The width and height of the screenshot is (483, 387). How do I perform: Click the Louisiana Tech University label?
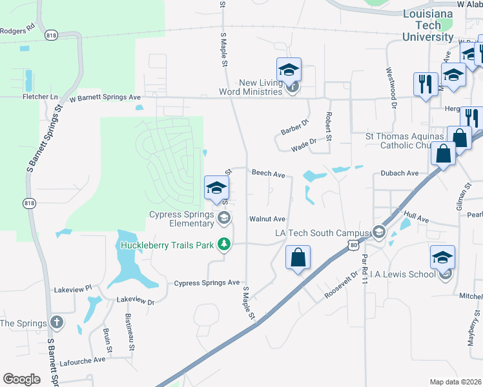tap(427, 25)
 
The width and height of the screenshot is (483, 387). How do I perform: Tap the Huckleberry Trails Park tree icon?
tap(223, 244)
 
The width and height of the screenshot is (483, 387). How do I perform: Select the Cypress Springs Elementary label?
tap(181, 219)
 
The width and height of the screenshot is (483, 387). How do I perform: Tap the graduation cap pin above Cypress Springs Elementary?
tap(216, 188)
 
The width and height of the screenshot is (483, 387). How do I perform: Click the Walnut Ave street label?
tap(267, 219)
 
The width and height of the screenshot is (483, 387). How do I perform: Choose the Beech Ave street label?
tap(268, 174)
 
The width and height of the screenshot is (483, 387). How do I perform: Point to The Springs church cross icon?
tap(57, 322)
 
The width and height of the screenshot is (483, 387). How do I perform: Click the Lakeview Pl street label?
tap(73, 289)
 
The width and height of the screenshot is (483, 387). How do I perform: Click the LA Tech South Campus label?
tap(322, 232)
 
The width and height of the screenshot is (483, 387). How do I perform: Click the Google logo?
tap(21, 379)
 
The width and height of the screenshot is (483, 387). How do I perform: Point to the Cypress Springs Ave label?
tap(207, 283)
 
